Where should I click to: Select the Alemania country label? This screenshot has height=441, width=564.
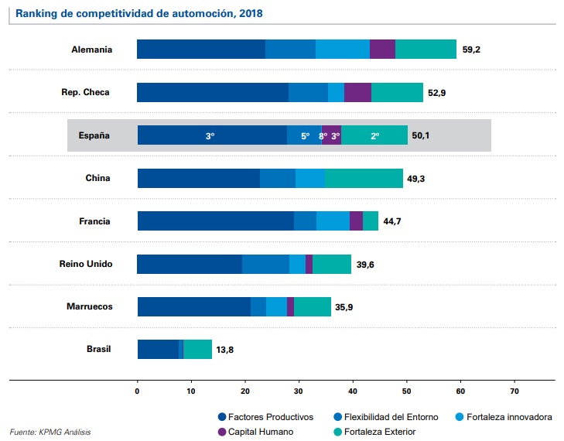pyautogui.click(x=92, y=50)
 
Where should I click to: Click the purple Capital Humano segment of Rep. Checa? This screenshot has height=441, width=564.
pyautogui.click(x=357, y=92)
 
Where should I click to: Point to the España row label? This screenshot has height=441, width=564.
pyautogui.click(x=94, y=135)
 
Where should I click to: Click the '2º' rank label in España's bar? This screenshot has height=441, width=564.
pyautogui.click(x=374, y=135)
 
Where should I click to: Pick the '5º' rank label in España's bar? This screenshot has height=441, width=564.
pyautogui.click(x=305, y=135)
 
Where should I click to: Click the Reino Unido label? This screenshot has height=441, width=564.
pyautogui.click(x=86, y=264)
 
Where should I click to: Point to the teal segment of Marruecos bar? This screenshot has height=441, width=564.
pyautogui.click(x=313, y=306)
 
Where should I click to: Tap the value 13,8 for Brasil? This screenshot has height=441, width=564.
pyautogui.click(x=225, y=350)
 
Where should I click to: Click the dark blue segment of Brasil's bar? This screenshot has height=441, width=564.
pyautogui.click(x=158, y=350)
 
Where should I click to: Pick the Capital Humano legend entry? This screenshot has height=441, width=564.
pyautogui.click(x=255, y=432)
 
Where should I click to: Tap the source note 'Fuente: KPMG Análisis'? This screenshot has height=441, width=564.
pyautogui.click(x=50, y=432)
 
